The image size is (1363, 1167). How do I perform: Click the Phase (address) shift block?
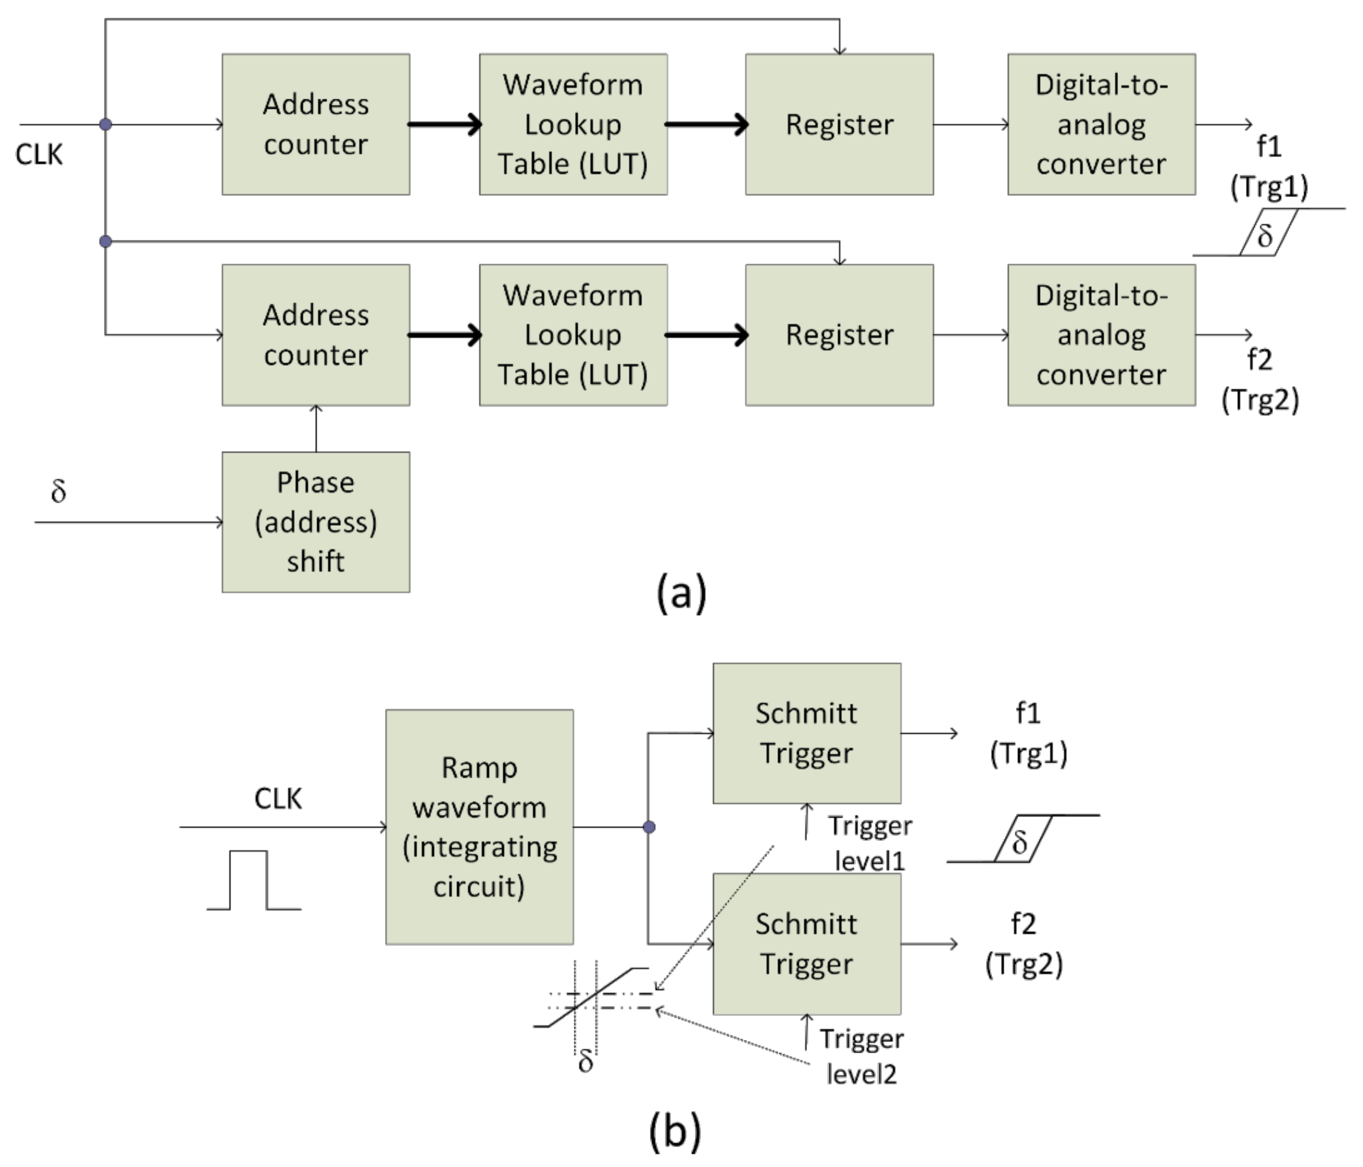coord(316,522)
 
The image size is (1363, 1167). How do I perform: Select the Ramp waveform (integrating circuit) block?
coord(479,827)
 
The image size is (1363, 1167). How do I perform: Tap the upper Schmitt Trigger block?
coord(807,733)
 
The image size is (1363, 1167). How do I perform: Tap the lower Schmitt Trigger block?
coord(807,944)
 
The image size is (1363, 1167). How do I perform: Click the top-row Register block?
coord(839,124)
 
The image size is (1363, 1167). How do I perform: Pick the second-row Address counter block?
coord(316,335)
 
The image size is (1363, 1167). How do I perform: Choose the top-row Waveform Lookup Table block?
coord(573,124)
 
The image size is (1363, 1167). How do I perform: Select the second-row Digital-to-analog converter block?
coord(1101,335)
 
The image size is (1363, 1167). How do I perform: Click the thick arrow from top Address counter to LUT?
coord(445,124)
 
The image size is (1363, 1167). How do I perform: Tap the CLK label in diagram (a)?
coord(39,155)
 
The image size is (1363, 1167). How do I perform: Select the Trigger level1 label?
coord(870,843)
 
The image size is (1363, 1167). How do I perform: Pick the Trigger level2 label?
coord(861,1056)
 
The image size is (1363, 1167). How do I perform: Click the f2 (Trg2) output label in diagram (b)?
coord(1024,944)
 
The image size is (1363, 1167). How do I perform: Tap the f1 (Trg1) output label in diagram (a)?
coord(1268,167)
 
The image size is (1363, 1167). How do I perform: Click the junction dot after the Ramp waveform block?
coord(648,827)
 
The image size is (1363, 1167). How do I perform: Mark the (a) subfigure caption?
coord(681,593)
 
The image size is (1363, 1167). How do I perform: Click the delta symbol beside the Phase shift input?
coord(59,491)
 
